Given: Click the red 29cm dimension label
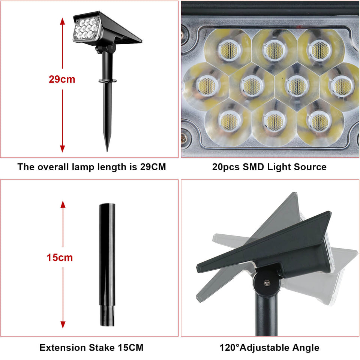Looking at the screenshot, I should [x=62, y=79].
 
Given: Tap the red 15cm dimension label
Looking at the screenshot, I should [x=60, y=258].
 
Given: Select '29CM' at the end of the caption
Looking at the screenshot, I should [x=153, y=167].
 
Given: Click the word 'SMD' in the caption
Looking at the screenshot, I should [x=254, y=167].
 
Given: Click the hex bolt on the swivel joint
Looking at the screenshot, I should [x=267, y=282].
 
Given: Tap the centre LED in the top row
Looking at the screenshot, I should [x=274, y=49].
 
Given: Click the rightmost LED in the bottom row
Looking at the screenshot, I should [x=318, y=120].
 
